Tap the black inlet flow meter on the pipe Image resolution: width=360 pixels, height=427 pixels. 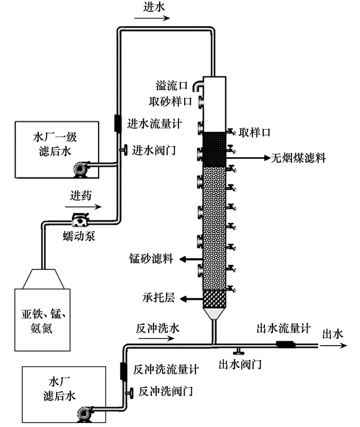point(118,123)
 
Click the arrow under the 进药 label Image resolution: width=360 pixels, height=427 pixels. point(83,208)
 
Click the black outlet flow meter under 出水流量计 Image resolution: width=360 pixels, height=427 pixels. point(284,344)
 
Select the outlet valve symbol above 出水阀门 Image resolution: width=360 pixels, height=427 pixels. point(238,351)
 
